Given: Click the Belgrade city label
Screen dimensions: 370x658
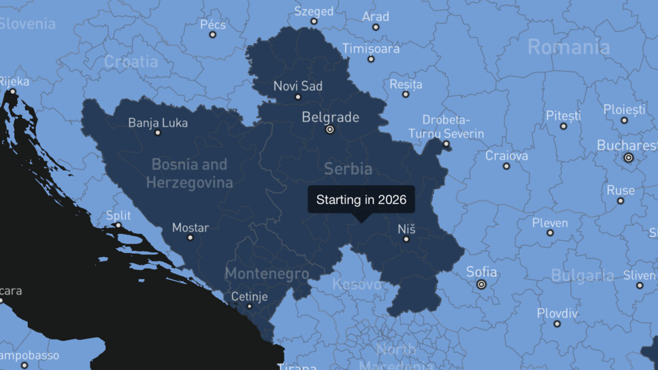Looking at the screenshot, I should tap(330, 117).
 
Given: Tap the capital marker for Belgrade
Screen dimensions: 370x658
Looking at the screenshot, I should tap(330, 129).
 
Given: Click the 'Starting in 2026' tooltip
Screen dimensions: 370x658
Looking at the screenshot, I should tap(361, 199).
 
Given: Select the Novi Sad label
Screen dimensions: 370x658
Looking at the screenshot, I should tap(297, 86).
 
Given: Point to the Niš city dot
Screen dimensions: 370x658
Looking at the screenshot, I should tap(406, 239).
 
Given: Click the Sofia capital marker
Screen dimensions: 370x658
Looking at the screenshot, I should tap(482, 284).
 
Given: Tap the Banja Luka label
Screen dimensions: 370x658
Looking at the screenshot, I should tap(158, 123).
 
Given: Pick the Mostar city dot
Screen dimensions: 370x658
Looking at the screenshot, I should tap(190, 237).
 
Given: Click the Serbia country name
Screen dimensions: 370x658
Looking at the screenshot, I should tap(348, 169).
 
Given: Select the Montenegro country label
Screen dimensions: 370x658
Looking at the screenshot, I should tap(267, 274).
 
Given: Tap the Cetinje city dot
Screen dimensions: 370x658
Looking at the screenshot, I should tap(250, 306).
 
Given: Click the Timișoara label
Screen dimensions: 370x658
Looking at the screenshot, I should tap(371, 49).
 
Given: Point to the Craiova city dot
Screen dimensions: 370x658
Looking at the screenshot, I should tap(506, 166).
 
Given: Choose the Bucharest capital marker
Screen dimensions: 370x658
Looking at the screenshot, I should tap(628, 157).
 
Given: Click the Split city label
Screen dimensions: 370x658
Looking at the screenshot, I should tap(118, 216).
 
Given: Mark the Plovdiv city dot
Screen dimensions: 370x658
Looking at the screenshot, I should tap(557, 324).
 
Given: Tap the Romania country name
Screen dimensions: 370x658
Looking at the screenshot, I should tap(569, 47).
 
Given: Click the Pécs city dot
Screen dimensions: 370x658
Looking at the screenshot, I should tap(212, 35).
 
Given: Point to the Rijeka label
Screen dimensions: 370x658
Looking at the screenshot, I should tap(14, 82).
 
